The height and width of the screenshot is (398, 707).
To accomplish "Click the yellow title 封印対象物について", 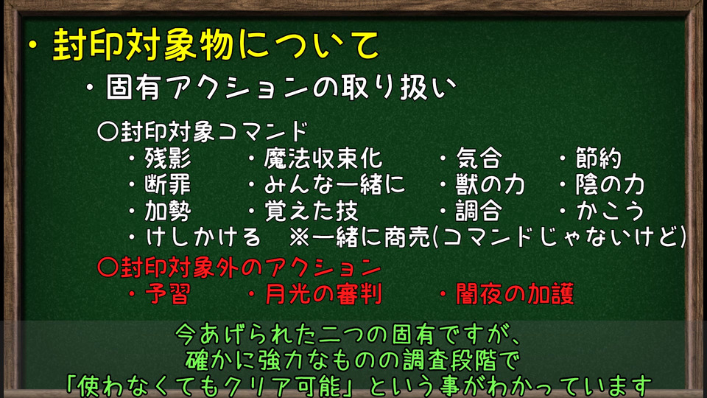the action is pos(216,45).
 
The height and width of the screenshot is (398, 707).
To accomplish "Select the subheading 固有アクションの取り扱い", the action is pos(281,87).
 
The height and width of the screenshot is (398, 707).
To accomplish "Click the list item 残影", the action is pos(168,158).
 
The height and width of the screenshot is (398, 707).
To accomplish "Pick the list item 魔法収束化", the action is pos(323,158).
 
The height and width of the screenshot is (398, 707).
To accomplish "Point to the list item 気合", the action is pos(479,158).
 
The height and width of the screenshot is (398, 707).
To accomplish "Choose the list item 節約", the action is pos(598,158).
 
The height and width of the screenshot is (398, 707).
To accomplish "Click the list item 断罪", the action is pos(168,184).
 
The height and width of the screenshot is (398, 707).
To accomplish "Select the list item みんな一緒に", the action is pos(334,184).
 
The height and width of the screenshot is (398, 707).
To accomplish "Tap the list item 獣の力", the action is pos(490,184).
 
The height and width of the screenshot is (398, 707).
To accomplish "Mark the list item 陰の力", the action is pos(610,184).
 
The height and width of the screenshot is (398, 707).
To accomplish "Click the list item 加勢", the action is pos(168,211).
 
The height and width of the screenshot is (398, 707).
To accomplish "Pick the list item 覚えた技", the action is pos(311,211).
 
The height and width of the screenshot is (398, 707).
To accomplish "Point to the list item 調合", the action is pos(479,211).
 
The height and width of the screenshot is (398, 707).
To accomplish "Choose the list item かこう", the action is pos(610,211).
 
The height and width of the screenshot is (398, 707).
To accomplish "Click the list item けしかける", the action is pos(203,237).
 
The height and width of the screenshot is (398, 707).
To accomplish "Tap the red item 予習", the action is pos(168,294).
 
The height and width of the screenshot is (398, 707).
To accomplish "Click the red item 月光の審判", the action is pos(323,294).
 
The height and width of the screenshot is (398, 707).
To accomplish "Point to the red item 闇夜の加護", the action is pos(515,294).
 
